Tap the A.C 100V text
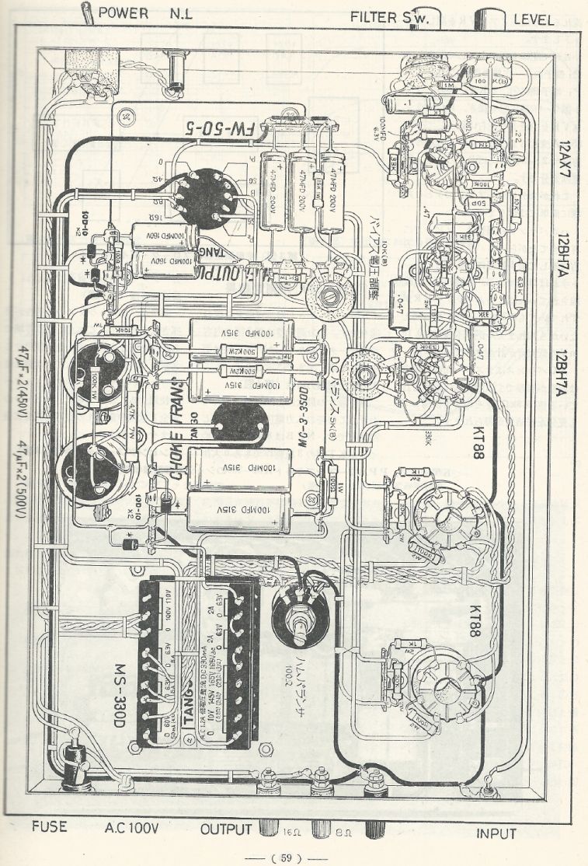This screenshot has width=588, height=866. point(132,829)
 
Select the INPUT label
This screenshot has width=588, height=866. point(496,833)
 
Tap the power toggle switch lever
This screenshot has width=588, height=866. point(88,12)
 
